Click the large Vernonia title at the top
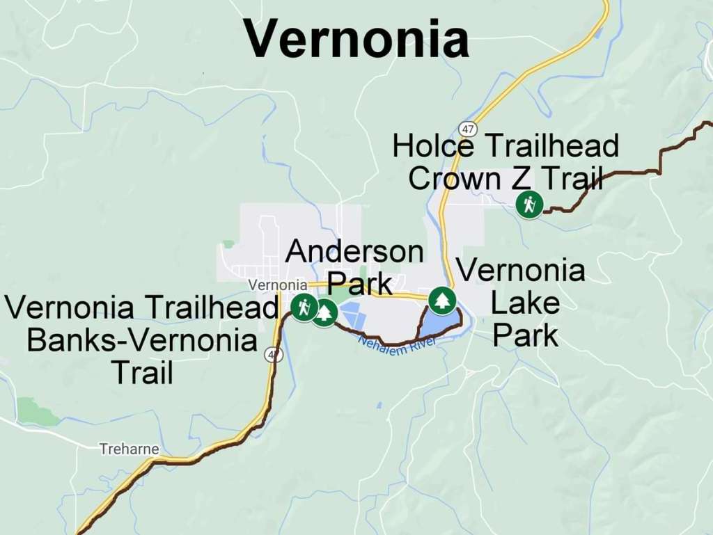tap(356, 38)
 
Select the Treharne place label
tap(129, 449)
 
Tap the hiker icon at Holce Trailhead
tap(530, 205)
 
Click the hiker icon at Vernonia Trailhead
tap(304, 307)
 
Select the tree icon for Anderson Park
tap(324, 312)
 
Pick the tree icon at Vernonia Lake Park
tap(441, 301)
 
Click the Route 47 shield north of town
tap(468, 129)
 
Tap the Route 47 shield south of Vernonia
tap(274, 355)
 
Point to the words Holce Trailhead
tap(505, 146)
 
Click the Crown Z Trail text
tap(505, 179)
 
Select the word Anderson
tap(354, 251)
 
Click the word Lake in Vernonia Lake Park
tap(525, 303)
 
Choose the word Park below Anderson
tap(360, 284)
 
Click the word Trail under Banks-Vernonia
tap(142, 373)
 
